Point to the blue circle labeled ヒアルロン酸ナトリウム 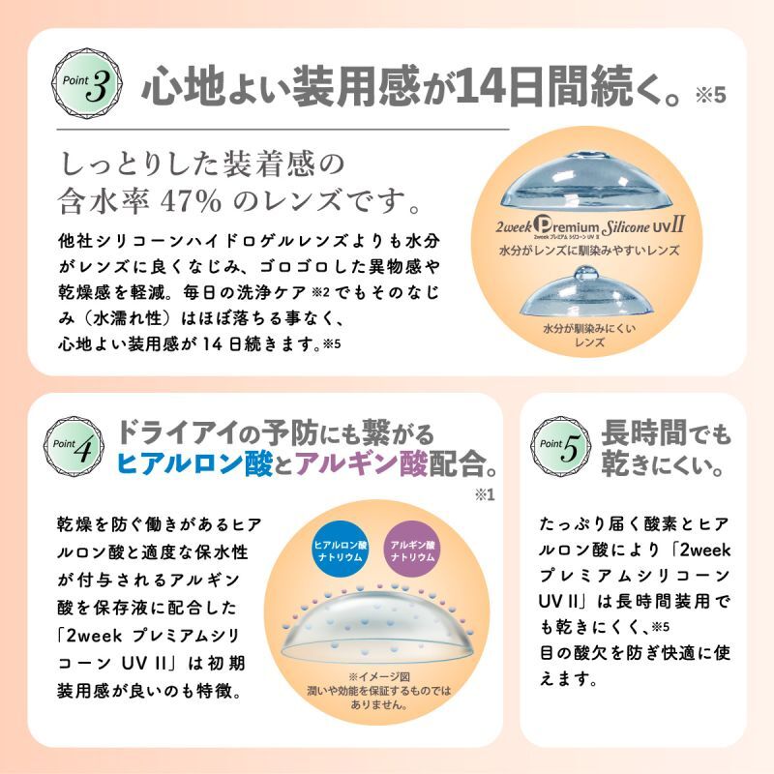341,548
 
